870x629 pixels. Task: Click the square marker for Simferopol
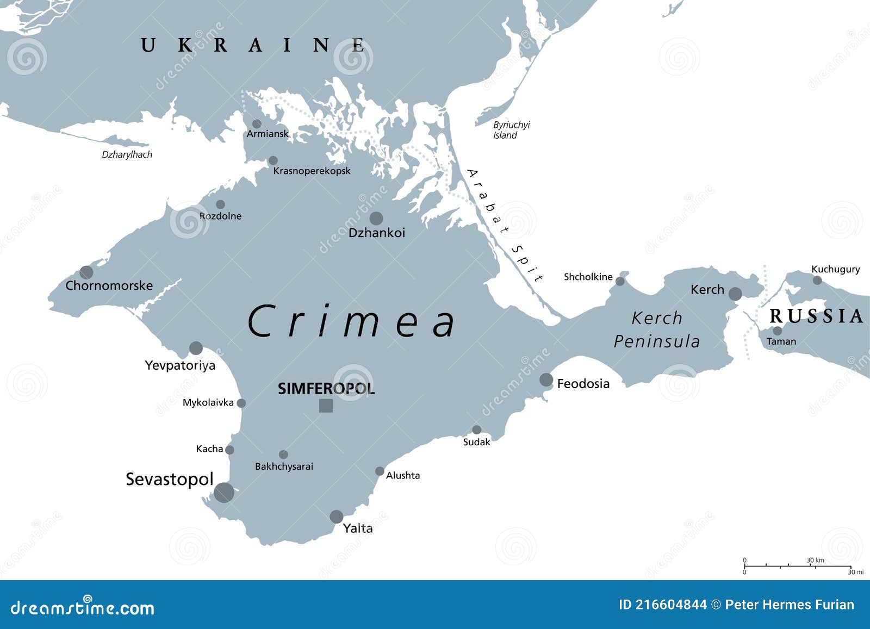coord(326,406)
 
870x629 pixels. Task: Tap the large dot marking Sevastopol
coord(224,493)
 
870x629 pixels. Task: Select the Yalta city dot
coord(337,517)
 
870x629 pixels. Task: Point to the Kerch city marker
coord(735,294)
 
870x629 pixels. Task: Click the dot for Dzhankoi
coord(376,219)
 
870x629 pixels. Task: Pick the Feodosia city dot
coord(546,380)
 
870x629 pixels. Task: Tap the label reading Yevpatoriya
coord(180,365)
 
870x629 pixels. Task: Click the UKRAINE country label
coord(253,45)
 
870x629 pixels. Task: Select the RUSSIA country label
coord(816,316)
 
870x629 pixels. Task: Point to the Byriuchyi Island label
coord(511,130)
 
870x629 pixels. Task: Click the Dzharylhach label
coord(127,155)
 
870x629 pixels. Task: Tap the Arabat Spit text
coord(505,225)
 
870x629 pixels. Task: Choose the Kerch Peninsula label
coord(657,329)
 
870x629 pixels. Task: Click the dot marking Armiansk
coord(257,124)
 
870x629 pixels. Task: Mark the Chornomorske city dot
coord(86,272)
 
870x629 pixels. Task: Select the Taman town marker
coord(778,331)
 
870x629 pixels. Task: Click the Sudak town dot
coord(476,430)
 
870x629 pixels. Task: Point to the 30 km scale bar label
coord(815,560)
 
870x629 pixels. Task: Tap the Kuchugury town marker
coord(817,280)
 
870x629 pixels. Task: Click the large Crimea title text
coord(351,321)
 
